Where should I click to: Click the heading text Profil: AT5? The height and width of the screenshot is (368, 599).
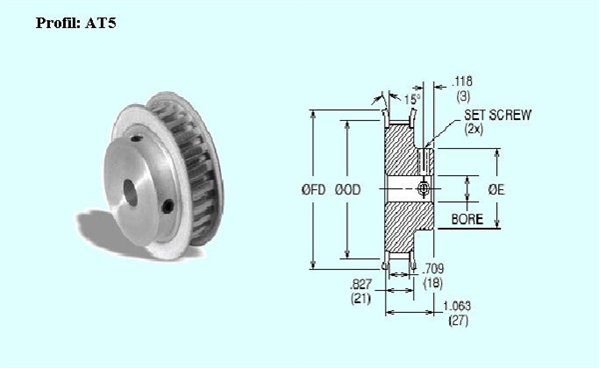[x=76, y=23]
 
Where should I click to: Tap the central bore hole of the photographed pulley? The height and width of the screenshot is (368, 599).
[x=130, y=192]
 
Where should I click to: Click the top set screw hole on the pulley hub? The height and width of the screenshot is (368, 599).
[x=137, y=138]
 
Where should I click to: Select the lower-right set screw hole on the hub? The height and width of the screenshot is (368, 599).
[x=168, y=207]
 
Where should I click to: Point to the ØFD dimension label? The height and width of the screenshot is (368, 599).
[x=313, y=189]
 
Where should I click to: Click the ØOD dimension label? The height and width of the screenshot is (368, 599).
[x=347, y=189]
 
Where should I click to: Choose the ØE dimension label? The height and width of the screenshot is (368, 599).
[x=496, y=189]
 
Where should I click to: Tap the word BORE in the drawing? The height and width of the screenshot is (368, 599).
[x=467, y=219]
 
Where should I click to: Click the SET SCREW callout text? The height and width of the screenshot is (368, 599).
[x=498, y=115]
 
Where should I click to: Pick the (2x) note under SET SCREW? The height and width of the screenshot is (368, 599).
[x=473, y=129]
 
